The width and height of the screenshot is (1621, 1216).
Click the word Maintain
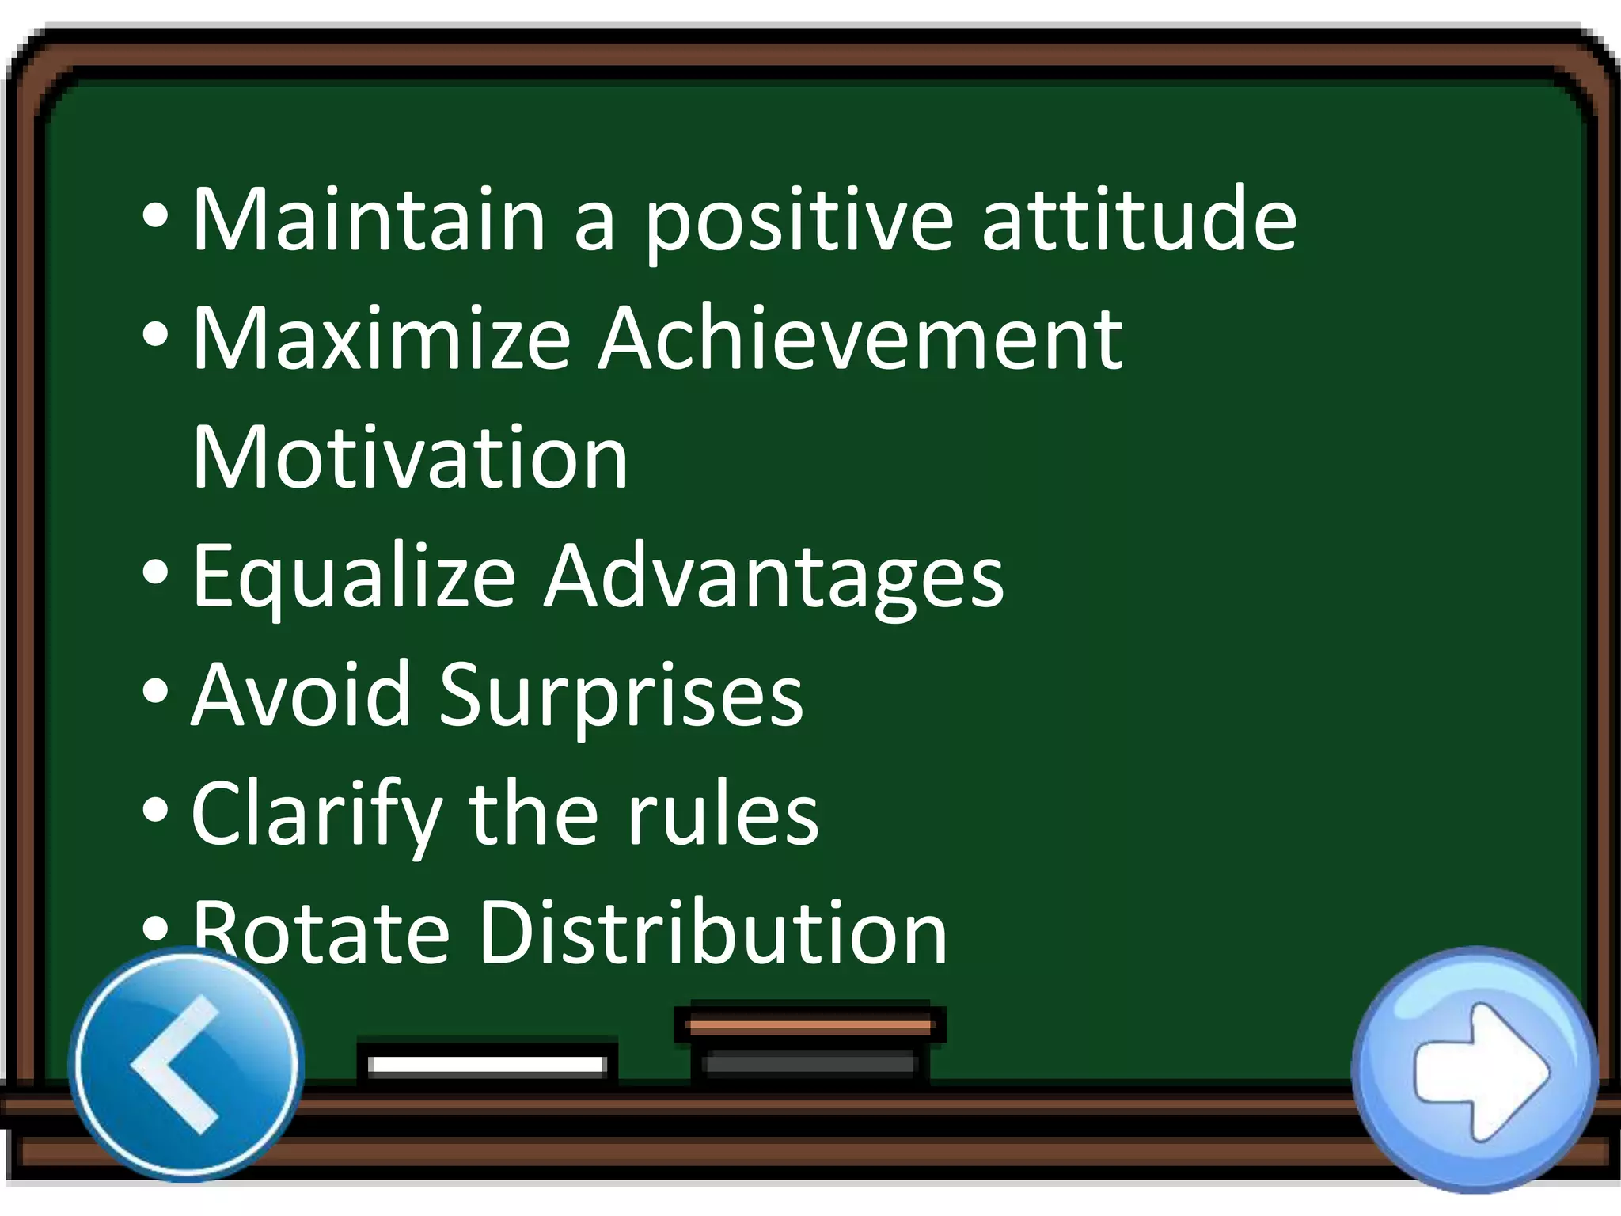[369, 219]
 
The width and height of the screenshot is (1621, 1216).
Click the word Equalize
[355, 578]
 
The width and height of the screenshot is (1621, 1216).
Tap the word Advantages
[773, 578]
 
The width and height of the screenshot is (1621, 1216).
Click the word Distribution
[713, 934]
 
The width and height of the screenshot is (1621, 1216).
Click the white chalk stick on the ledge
[487, 1064]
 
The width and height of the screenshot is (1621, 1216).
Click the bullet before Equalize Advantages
[156, 572]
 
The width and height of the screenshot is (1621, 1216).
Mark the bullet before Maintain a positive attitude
[156, 215]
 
